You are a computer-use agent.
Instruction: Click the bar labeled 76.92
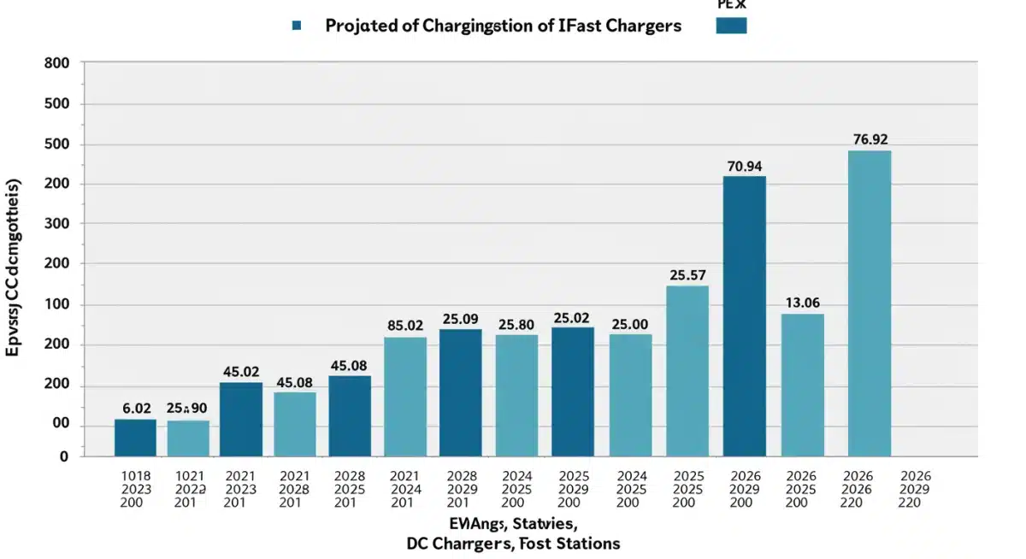click(x=869, y=303)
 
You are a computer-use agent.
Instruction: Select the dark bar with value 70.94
click(x=744, y=316)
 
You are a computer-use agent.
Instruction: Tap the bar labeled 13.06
click(x=802, y=385)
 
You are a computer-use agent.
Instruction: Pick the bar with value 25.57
click(x=687, y=370)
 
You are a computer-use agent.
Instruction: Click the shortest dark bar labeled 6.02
click(x=135, y=437)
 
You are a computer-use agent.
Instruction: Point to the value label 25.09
click(x=460, y=319)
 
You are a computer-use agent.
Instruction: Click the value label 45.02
click(x=241, y=372)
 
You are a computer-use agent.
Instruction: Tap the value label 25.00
click(x=630, y=324)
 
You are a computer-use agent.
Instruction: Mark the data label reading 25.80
click(x=516, y=325)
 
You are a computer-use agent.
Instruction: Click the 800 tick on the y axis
click(x=56, y=63)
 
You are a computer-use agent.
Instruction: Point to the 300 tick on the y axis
click(x=56, y=223)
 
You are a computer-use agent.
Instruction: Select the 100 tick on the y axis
click(x=56, y=305)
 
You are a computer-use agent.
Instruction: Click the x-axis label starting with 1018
click(x=137, y=489)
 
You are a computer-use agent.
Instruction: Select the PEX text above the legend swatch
click(x=731, y=4)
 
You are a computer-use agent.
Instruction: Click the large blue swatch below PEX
click(x=731, y=25)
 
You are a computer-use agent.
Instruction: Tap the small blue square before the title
click(x=297, y=26)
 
